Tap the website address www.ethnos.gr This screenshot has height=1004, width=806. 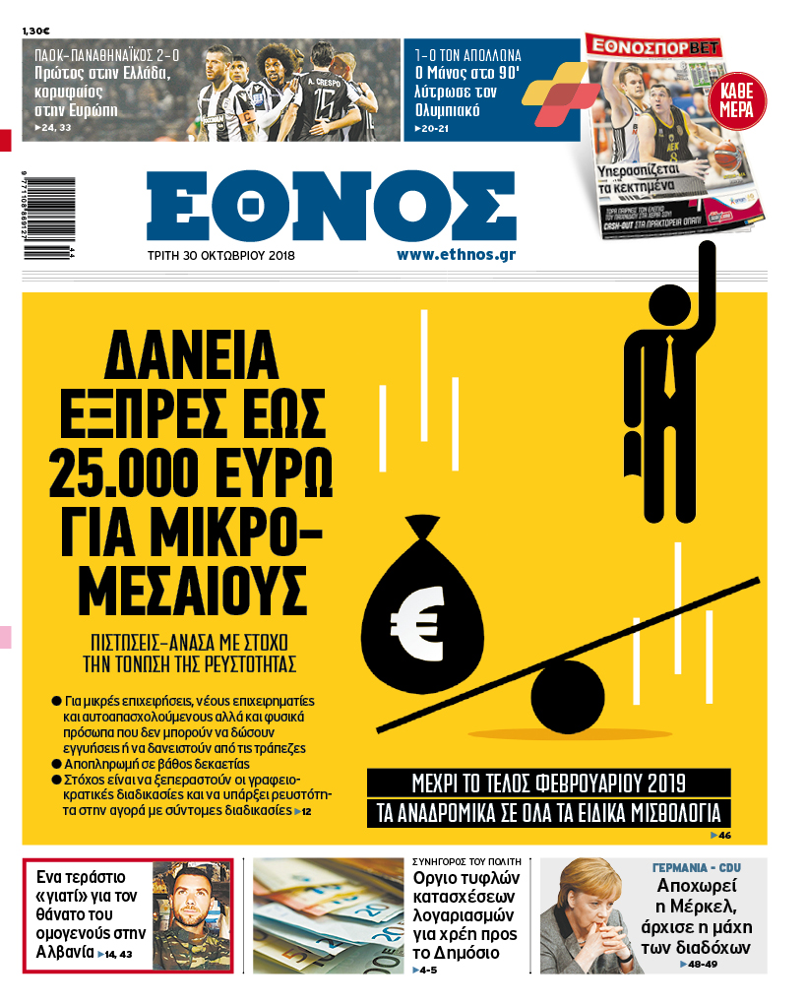456,254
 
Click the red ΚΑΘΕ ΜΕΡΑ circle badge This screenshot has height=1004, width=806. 737,101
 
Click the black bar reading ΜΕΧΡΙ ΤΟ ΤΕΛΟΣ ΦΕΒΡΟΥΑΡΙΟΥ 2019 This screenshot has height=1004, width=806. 549,784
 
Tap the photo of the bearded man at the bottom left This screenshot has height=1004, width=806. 191,914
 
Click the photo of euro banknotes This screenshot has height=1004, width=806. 328,915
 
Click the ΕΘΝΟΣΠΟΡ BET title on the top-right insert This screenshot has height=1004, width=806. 652,44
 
